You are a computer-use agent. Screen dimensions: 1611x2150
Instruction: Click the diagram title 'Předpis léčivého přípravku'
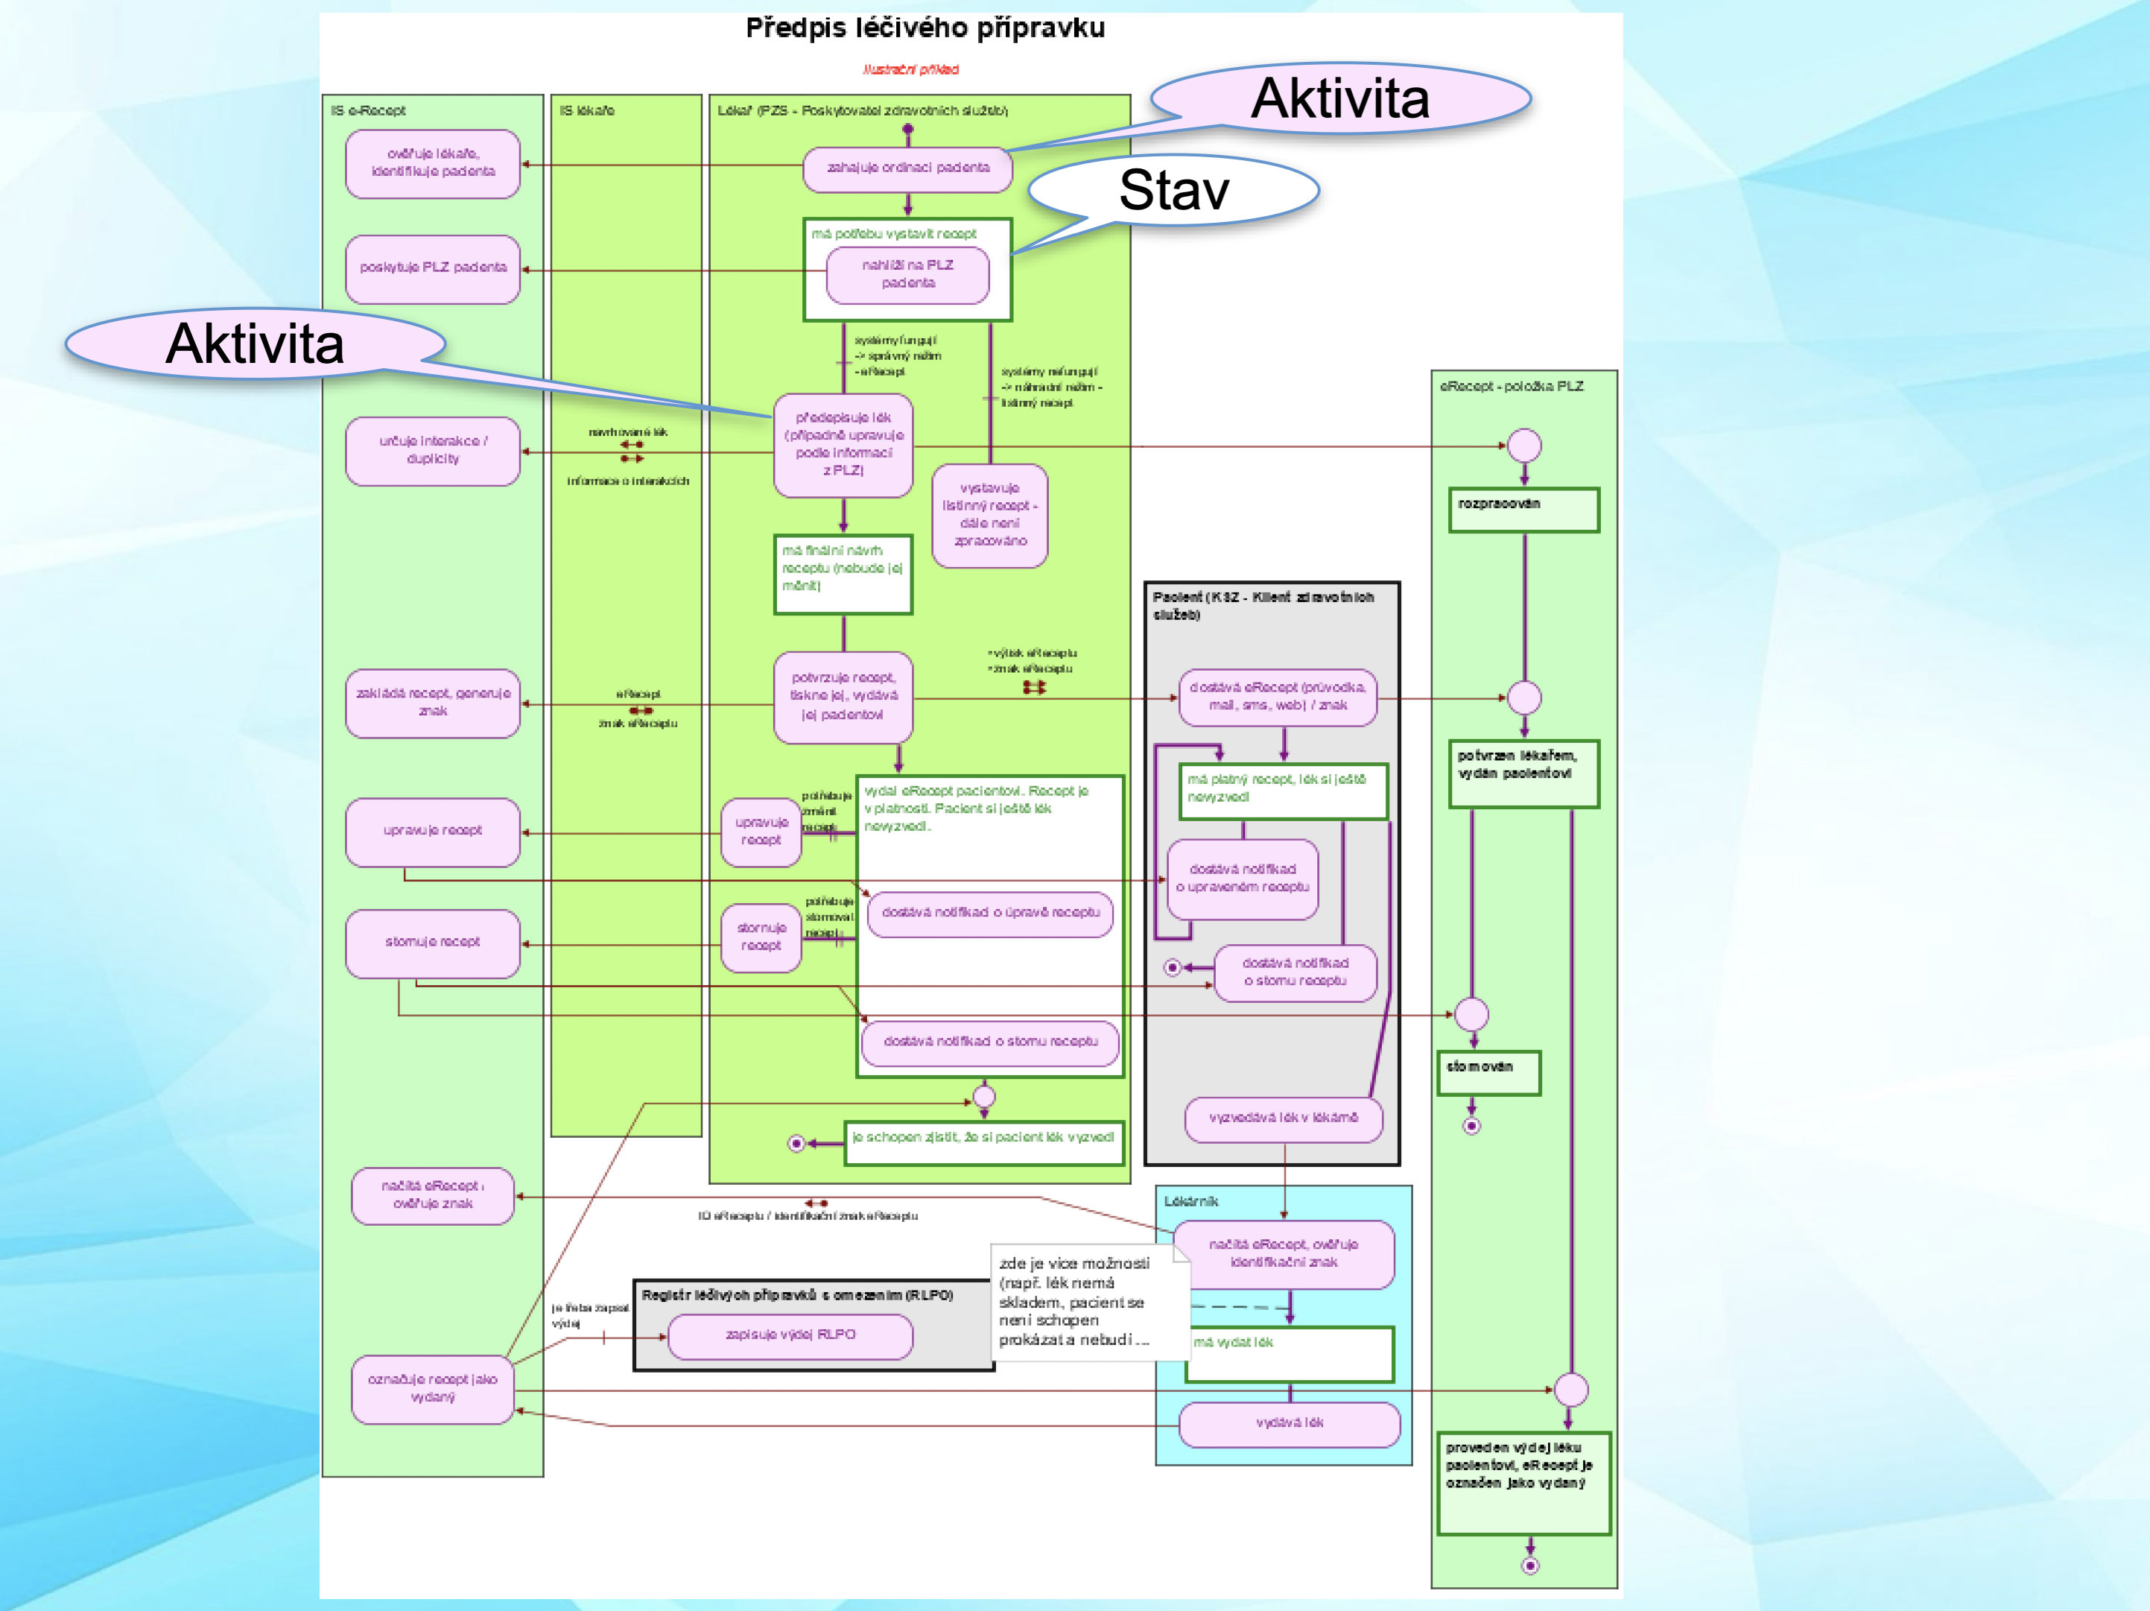925,28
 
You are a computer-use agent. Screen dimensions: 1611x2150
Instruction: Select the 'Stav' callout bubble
1173,189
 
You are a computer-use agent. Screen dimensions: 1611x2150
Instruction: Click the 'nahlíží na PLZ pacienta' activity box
908,274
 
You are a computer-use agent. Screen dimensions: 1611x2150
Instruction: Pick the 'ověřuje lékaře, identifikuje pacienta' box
433,163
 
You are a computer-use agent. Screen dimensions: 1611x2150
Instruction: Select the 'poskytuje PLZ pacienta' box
433,268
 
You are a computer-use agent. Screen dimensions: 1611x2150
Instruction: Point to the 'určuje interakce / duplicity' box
433,450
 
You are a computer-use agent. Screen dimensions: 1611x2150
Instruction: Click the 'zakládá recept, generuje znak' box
433,702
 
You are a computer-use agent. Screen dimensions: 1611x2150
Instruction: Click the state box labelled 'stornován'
1488,1072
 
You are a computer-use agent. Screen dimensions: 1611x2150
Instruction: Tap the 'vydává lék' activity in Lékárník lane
1289,1423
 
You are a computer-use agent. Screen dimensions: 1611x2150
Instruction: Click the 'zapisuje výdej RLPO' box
790,1336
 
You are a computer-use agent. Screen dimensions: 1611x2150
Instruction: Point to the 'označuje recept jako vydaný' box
433,1388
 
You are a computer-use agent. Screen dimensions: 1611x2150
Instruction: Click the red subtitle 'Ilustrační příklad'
911,70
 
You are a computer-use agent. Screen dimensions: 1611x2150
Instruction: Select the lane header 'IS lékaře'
587,111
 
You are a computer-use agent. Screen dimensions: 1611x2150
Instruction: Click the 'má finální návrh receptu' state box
843,574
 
